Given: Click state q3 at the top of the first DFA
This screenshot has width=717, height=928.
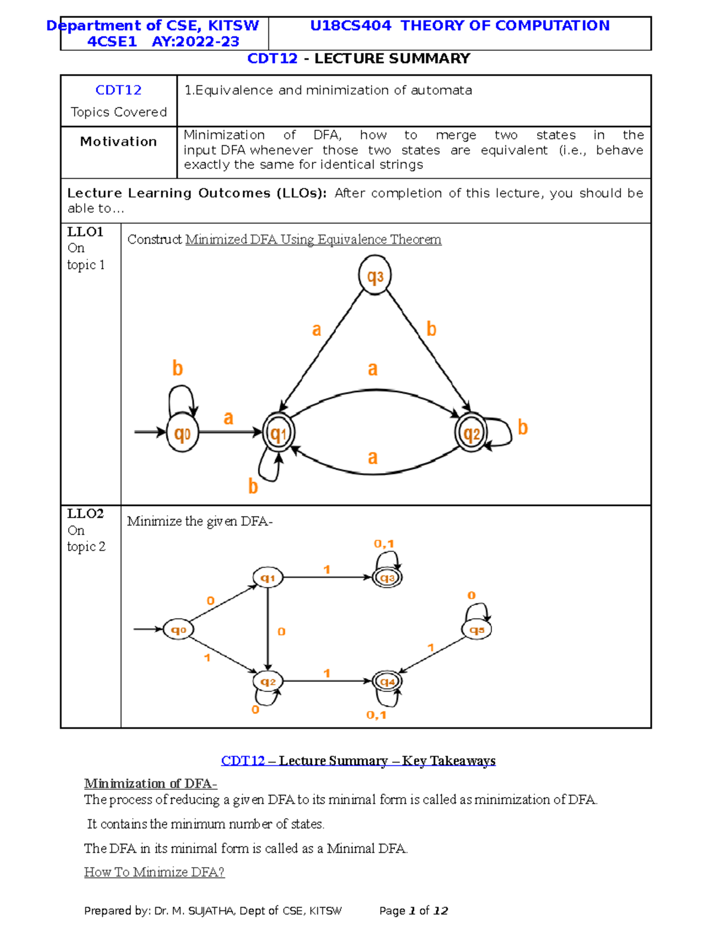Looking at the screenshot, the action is [x=375, y=276].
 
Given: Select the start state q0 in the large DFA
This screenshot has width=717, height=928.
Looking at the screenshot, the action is [x=182, y=433].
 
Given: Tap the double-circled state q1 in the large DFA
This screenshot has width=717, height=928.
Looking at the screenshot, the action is [x=278, y=433].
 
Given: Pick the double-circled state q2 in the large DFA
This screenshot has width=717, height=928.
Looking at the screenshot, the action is [x=471, y=433].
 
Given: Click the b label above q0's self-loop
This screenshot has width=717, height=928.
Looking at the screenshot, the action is [x=177, y=368].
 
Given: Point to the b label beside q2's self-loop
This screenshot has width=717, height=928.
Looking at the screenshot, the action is [x=523, y=427].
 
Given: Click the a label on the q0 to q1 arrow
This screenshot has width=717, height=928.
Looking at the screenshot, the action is [x=228, y=418].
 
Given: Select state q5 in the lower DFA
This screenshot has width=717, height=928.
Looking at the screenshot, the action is [x=477, y=630].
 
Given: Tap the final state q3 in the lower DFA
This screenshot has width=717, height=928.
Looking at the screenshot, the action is [x=387, y=578].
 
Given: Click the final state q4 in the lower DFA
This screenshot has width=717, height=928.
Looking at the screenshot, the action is [x=387, y=681].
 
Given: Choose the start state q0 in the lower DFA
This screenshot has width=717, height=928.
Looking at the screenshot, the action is [x=179, y=630].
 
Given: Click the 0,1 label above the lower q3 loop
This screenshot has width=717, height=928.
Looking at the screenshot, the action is [x=384, y=544].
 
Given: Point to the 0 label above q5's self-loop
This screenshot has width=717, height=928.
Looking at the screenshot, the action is [x=471, y=595].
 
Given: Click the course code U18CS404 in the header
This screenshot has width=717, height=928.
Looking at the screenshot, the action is [x=351, y=26].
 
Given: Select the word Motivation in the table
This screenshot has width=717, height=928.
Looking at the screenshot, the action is [x=118, y=142].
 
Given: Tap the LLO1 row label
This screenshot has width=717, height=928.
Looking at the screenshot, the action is [x=85, y=232].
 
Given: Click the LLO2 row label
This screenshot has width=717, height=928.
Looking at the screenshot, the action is [x=85, y=513].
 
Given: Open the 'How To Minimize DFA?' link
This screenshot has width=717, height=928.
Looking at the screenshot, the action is [x=154, y=872].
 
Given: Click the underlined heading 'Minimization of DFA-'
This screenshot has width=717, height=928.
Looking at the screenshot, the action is [x=151, y=783].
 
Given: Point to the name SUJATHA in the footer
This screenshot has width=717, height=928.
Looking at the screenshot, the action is [x=212, y=911].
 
